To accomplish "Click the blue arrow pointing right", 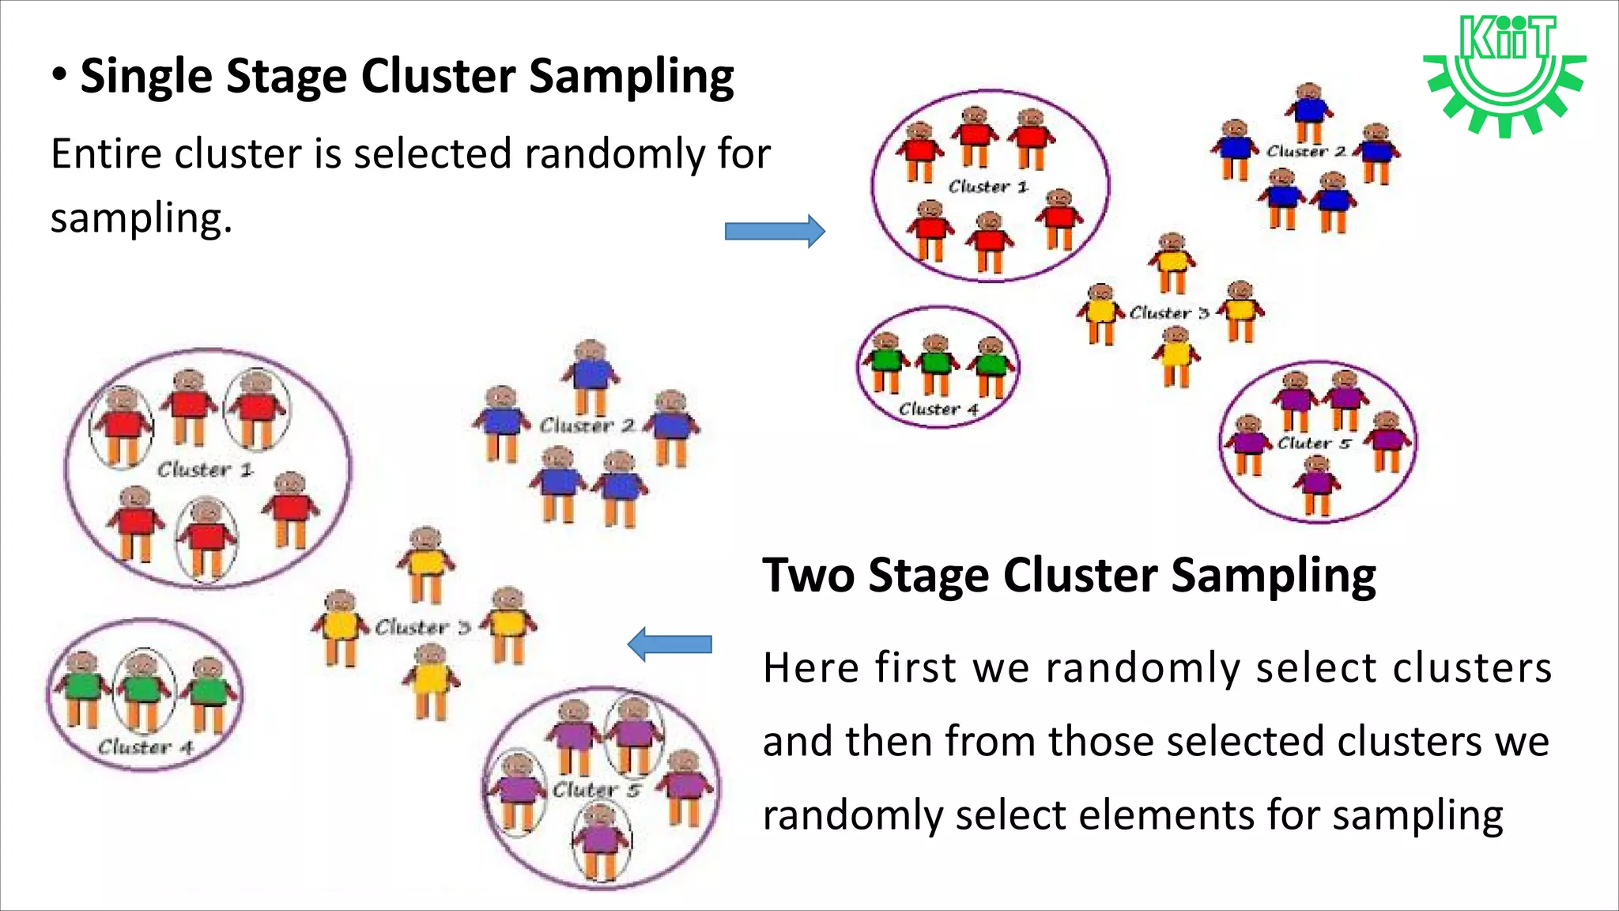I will pyautogui.click(x=775, y=231).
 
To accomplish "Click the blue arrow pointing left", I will pyautogui.click(x=670, y=645).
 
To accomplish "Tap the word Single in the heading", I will pyautogui.click(x=145, y=77).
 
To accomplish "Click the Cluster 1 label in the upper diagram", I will pyautogui.click(x=987, y=187).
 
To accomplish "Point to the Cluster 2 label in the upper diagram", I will pyautogui.click(x=1305, y=151).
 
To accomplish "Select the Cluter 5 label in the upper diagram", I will pyautogui.click(x=1313, y=444).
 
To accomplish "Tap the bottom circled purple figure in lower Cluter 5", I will pyautogui.click(x=601, y=838).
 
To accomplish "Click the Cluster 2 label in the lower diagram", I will pyautogui.click(x=587, y=426).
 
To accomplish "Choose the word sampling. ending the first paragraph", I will pyautogui.click(x=141, y=219).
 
